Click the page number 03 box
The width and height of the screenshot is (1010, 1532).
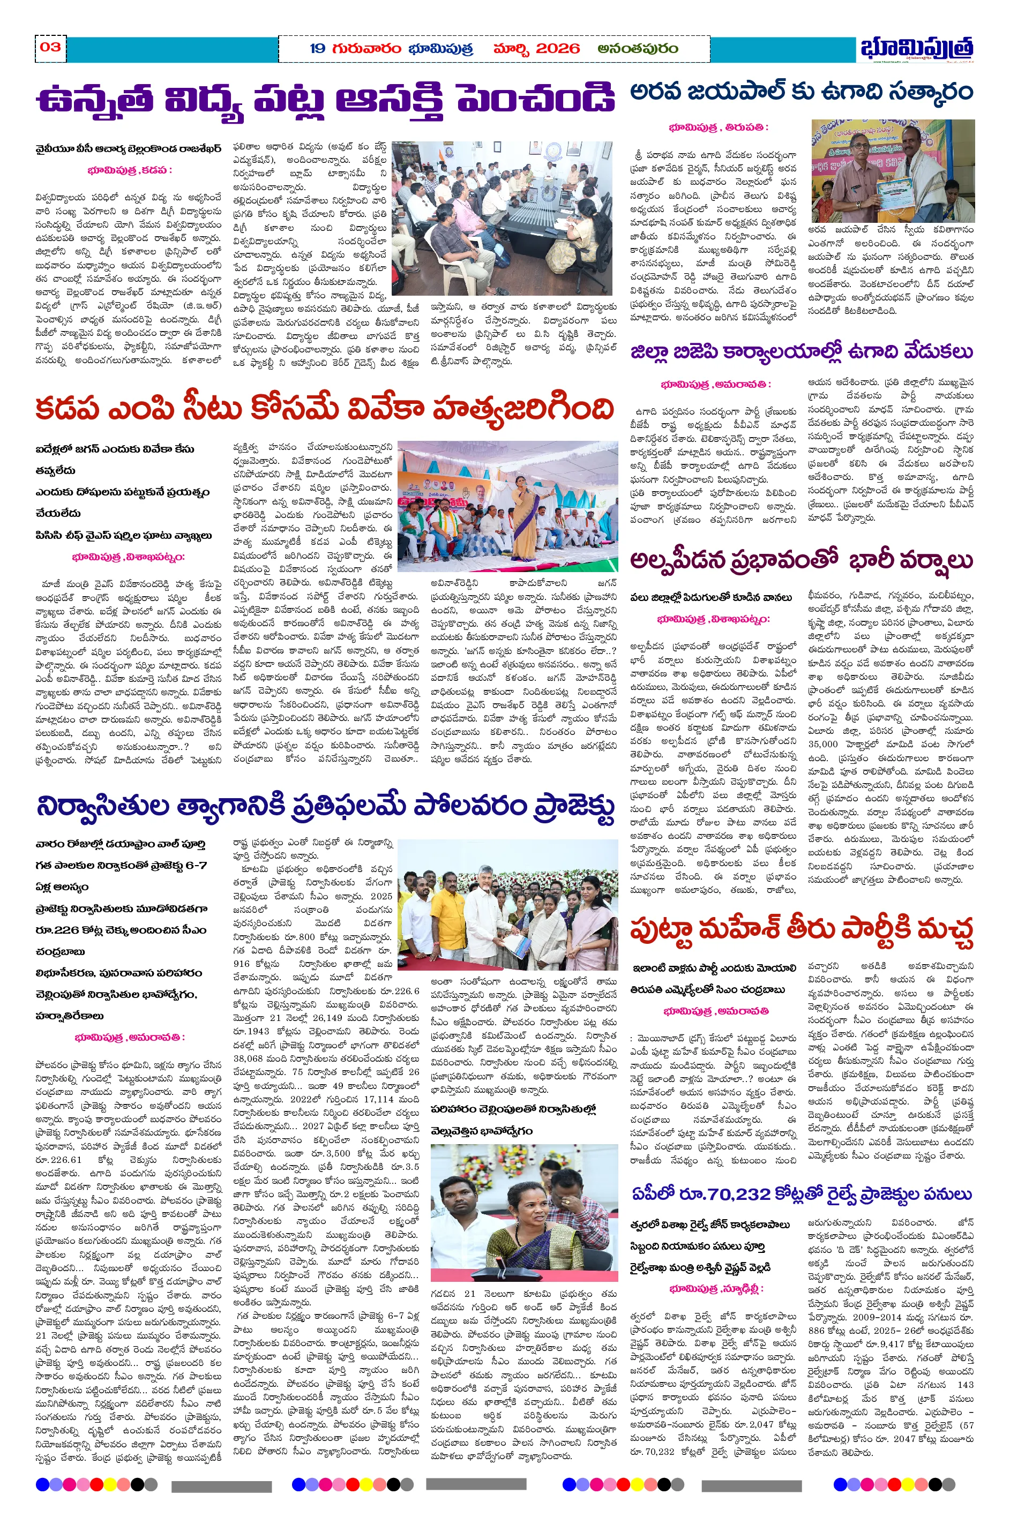coord(50,47)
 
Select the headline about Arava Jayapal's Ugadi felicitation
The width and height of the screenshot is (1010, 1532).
coord(801,92)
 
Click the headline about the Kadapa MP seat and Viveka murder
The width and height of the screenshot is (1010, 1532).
coord(325,408)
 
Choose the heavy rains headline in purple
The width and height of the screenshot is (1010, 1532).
coord(801,560)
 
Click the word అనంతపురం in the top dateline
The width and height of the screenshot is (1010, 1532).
coord(638,48)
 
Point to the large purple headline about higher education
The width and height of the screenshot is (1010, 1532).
coord(325,100)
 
